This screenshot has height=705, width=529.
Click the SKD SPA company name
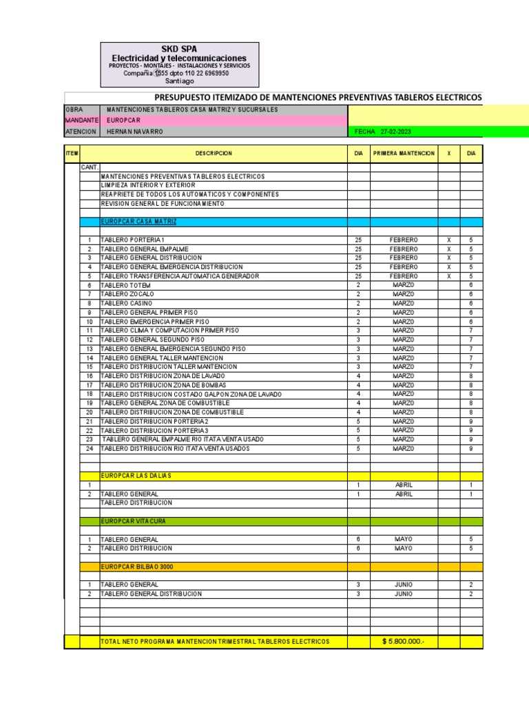pyautogui.click(x=179, y=49)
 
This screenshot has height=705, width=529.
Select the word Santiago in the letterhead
pyautogui.click(x=180, y=81)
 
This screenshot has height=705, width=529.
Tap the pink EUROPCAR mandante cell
pyautogui.click(x=124, y=120)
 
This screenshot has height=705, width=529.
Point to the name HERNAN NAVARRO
pyautogui.click(x=135, y=131)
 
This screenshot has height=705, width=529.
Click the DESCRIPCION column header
pyautogui.click(x=214, y=154)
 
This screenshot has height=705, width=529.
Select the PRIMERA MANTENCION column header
pyautogui.click(x=404, y=154)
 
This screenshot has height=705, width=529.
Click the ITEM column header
pyautogui.click(x=72, y=154)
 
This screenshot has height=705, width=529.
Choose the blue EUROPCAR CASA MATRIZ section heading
pyautogui.click(x=138, y=222)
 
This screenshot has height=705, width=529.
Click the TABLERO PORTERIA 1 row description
pyautogui.click(x=132, y=240)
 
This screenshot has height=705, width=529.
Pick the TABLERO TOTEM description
pyautogui.click(x=125, y=285)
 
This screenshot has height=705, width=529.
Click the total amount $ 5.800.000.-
pyautogui.click(x=404, y=642)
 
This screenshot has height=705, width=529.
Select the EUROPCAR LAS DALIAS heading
pyautogui.click(x=136, y=476)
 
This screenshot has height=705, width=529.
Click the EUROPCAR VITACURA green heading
pyautogui.click(x=133, y=521)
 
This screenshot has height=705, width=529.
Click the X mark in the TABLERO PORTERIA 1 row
pyautogui.click(x=448, y=240)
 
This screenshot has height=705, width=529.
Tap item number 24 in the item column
pyautogui.click(x=89, y=448)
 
